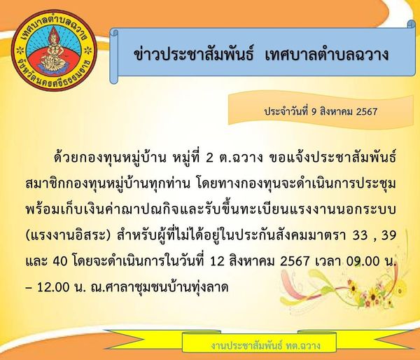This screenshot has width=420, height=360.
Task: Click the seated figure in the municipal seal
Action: (55, 50)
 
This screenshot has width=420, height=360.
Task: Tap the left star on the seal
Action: (20, 50)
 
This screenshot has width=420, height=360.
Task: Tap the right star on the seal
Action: (88, 50)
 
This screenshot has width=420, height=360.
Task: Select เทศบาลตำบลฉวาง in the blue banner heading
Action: (326, 55)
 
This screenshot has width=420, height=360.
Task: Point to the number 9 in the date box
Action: (314, 111)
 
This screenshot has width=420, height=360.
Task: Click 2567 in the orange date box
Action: (367, 111)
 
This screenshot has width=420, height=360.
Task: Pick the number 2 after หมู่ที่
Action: (209, 158)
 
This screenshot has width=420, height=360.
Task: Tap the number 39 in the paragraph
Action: (388, 235)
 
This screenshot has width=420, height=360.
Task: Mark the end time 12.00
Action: (52, 287)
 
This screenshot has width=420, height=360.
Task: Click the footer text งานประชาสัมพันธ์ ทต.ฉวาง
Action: (265, 345)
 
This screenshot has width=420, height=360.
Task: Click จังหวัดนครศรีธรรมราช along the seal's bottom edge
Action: (55, 78)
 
